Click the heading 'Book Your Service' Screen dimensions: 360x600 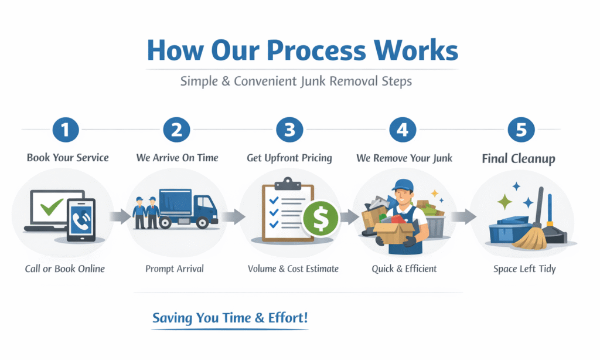pos(67,158)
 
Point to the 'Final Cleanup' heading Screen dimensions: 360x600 pos(519,158)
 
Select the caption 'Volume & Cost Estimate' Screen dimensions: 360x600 pos(293,269)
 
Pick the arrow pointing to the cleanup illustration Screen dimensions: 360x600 pos(463,217)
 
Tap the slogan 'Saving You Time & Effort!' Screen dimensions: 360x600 pos(230,318)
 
